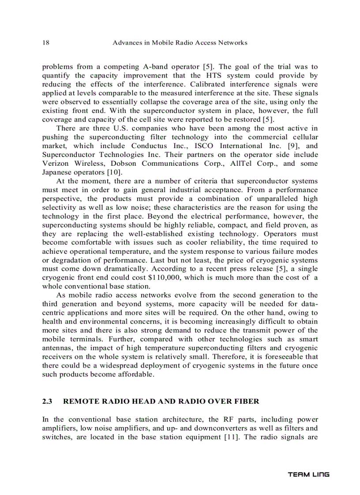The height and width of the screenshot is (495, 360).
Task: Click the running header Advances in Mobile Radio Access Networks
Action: point(180,43)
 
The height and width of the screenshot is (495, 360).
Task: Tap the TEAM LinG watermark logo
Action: point(308,474)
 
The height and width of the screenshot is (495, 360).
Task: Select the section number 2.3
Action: point(47,402)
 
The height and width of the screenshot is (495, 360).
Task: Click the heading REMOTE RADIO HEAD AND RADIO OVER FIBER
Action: point(161,402)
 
